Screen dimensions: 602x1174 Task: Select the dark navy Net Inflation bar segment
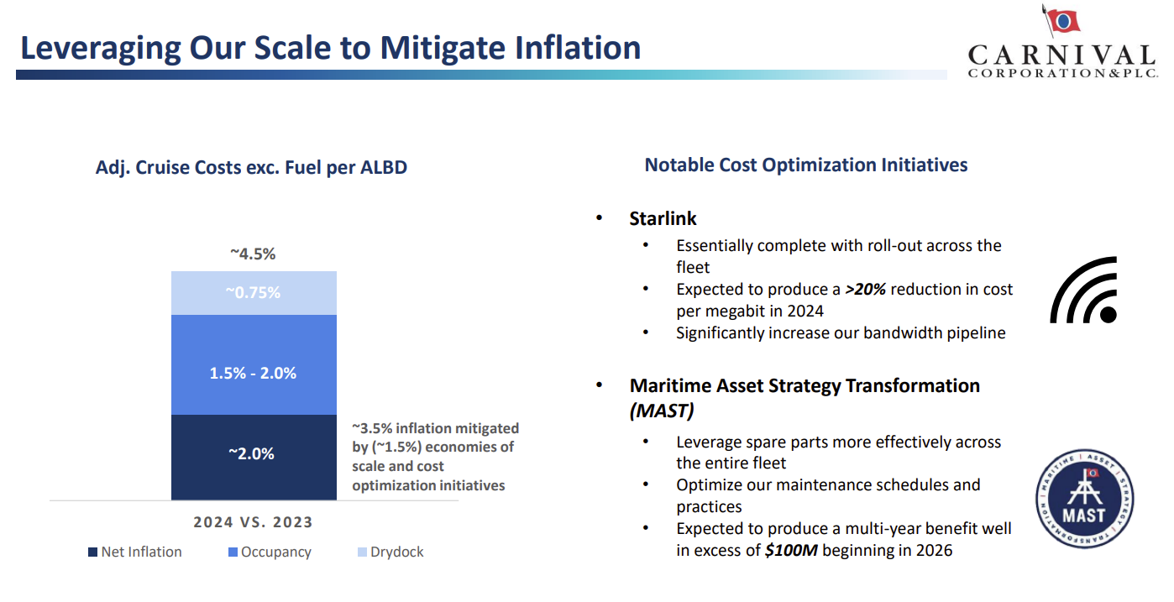pyautogui.click(x=254, y=457)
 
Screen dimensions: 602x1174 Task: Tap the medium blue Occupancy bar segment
pyautogui.click(x=254, y=364)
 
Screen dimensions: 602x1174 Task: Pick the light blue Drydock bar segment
pyautogui.click(x=254, y=293)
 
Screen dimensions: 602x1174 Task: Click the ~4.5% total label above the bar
pyautogui.click(x=253, y=254)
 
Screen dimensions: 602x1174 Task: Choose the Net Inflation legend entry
pyautogui.click(x=134, y=552)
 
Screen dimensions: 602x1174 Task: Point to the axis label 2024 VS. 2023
pyautogui.click(x=253, y=522)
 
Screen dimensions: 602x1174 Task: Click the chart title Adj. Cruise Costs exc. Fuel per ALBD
pyautogui.click(x=251, y=167)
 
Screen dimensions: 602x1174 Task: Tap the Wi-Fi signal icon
pyautogui.click(x=1083, y=291)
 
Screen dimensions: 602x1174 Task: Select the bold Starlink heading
pyautogui.click(x=663, y=218)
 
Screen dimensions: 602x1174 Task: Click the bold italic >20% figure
pyautogui.click(x=865, y=289)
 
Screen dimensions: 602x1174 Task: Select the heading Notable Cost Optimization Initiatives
pyautogui.click(x=805, y=165)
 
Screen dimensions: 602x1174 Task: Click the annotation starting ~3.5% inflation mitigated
pyautogui.click(x=435, y=457)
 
